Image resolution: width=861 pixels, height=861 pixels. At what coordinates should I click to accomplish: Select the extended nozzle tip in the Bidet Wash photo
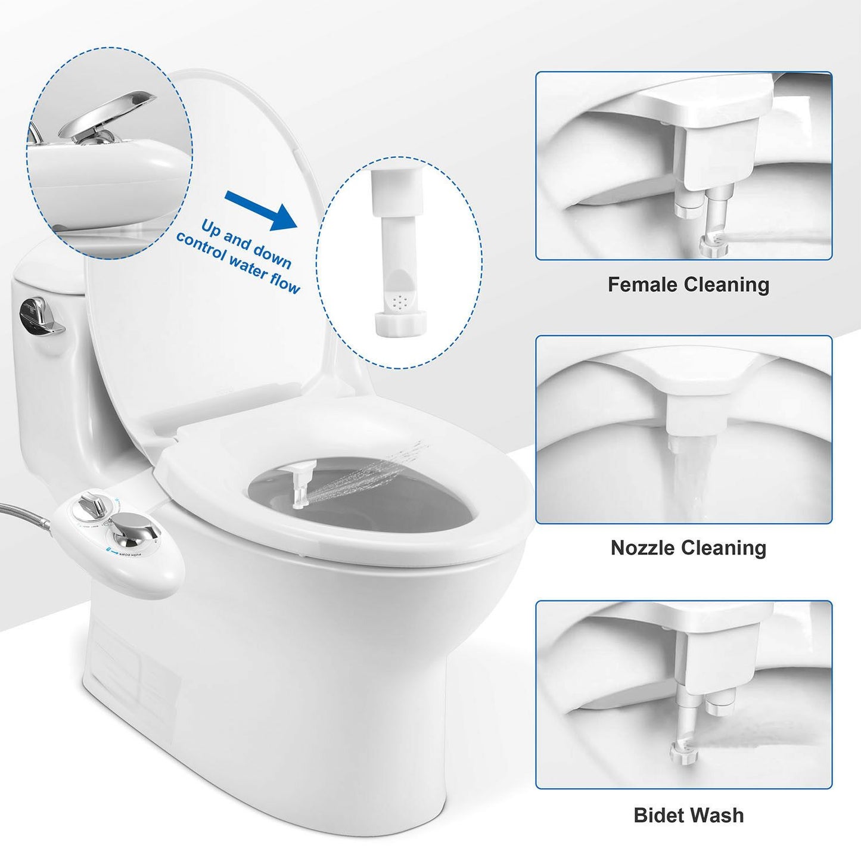(x=682, y=752)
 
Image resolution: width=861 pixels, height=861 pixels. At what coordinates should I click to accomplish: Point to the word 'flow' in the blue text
(x=283, y=282)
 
